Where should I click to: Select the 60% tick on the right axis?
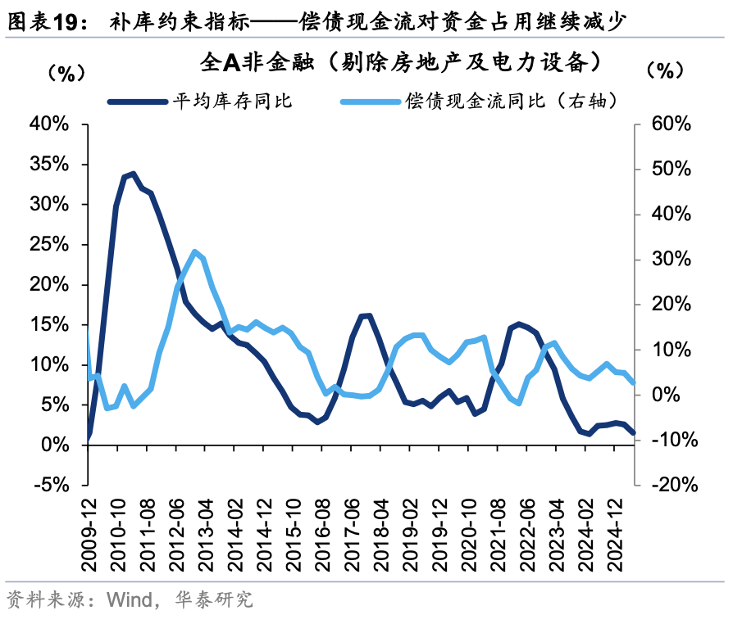click(x=667, y=124)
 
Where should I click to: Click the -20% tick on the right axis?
click(x=669, y=484)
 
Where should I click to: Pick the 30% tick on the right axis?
click(x=667, y=259)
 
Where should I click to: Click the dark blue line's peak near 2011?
click(x=133, y=174)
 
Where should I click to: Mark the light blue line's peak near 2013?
click(x=194, y=251)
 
